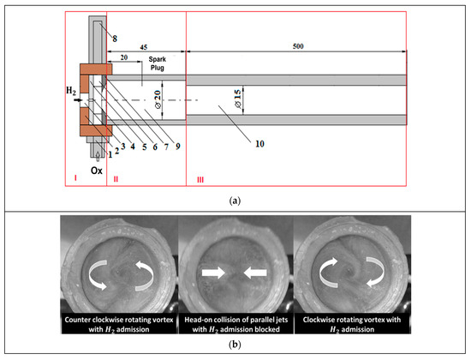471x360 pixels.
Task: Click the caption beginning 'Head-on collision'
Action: [x=235, y=322]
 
